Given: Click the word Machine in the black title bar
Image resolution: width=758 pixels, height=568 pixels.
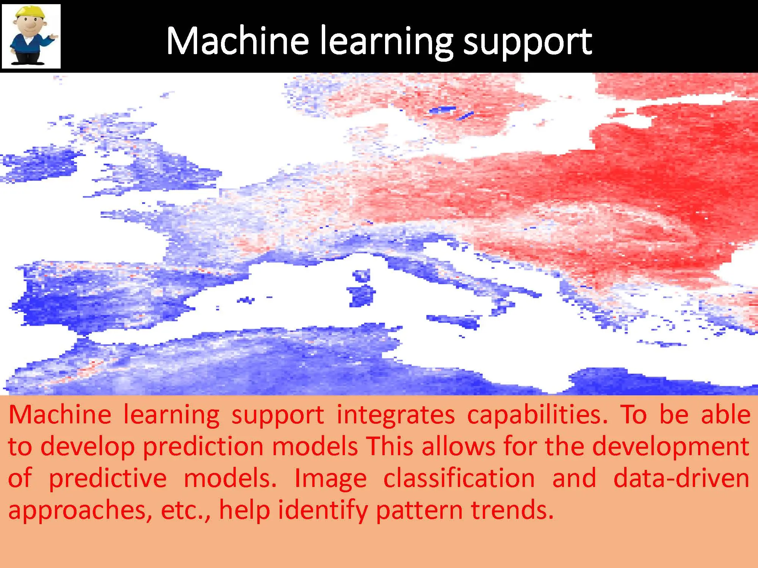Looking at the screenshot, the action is pyautogui.click(x=238, y=41).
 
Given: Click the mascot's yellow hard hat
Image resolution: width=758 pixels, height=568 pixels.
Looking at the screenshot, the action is pyautogui.click(x=30, y=13).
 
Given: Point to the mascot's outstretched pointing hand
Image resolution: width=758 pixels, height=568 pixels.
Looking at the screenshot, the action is pyautogui.click(x=53, y=37).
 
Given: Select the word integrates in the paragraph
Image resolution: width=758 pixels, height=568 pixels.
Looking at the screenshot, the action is pyautogui.click(x=395, y=415).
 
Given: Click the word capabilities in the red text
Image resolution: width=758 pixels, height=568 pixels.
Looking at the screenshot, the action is pyautogui.click(x=537, y=414).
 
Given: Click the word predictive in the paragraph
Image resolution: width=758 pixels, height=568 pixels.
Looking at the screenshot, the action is pyautogui.click(x=108, y=479).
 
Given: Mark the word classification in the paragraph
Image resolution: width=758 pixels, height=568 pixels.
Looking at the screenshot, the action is pyautogui.click(x=459, y=478).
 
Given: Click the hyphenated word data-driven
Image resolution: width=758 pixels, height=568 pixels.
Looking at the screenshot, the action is pyautogui.click(x=681, y=478).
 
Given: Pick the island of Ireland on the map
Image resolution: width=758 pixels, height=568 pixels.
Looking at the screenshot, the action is pyautogui.click(x=42, y=165).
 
